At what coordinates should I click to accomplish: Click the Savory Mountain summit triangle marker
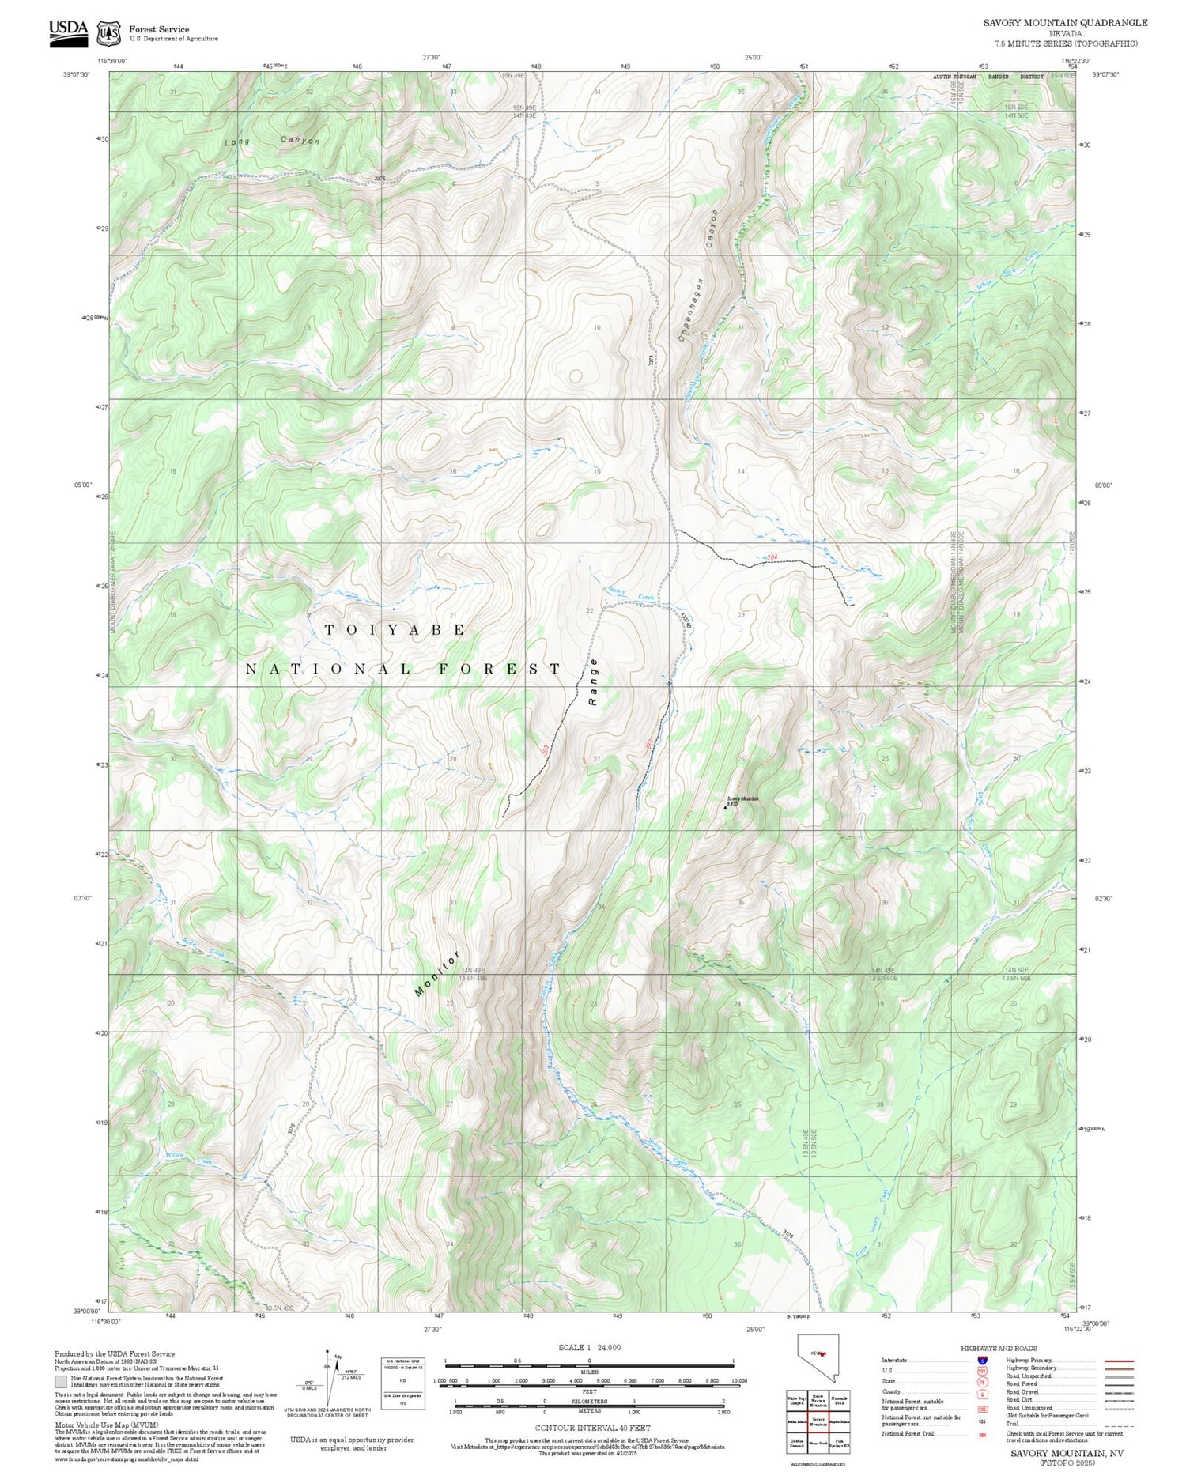pos(726,807)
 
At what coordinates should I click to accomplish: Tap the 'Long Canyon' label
pos(272,142)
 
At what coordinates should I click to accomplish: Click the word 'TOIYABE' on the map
pos(395,629)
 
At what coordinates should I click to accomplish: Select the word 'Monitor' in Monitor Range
pos(437,974)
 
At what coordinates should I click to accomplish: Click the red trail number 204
pos(772,558)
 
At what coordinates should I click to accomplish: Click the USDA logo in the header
pos(69,32)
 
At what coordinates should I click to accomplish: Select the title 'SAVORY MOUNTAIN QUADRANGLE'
pos(1065,23)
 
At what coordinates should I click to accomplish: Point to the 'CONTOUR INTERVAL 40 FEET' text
pos(592,1428)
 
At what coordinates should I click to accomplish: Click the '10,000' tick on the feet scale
pos(738,1380)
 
